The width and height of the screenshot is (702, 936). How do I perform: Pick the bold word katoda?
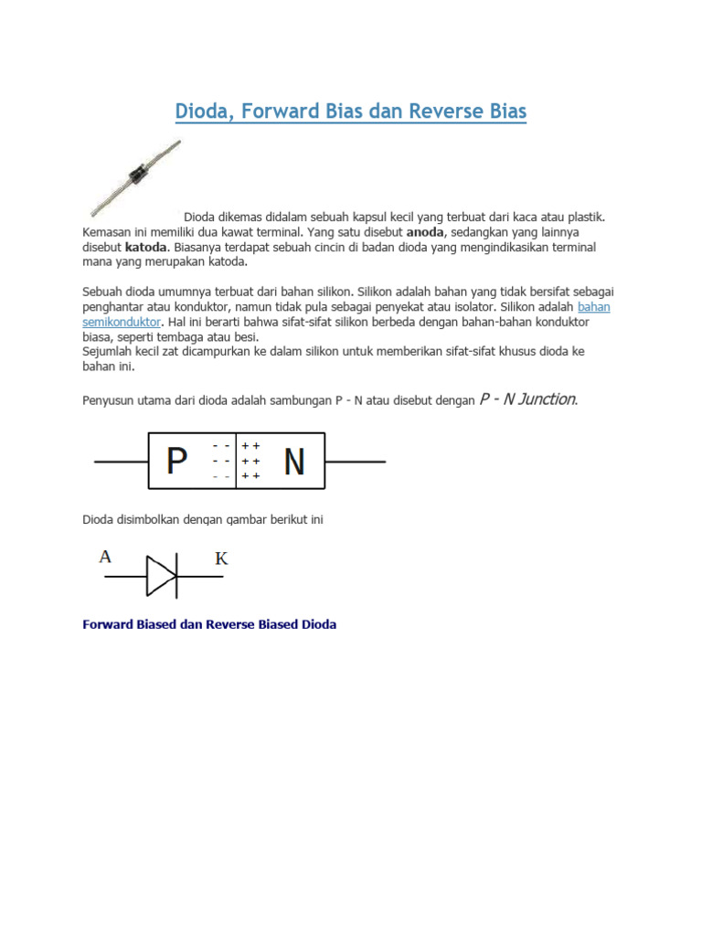pos(145,248)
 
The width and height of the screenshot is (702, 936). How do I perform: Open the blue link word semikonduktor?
pos(122,323)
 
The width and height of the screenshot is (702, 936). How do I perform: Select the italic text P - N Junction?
pos(528,399)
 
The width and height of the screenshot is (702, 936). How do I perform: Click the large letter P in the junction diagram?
pos(177,463)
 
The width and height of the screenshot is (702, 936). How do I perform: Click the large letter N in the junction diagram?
pos(293,463)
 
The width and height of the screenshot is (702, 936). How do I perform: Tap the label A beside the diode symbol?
pos(106,556)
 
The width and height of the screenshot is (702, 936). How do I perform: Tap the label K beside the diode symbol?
pos(221,558)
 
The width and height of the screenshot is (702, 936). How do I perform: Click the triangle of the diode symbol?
pos(161,576)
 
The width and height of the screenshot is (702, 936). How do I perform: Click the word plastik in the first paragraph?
pos(584,218)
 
